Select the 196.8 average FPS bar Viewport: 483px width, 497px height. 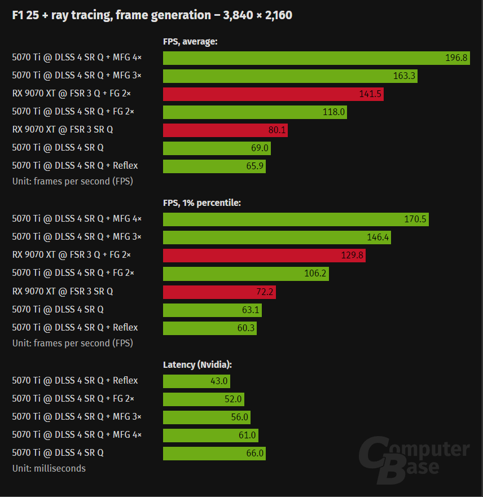316,58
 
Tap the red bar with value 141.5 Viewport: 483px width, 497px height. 273,94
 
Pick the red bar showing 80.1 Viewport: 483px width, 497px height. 226,130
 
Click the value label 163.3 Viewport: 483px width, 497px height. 404,76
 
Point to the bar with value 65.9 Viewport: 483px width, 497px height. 214,166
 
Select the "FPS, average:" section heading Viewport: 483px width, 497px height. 190,41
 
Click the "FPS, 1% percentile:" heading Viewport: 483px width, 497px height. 202,203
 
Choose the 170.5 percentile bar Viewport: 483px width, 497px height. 296,219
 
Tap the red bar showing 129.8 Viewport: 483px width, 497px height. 264,256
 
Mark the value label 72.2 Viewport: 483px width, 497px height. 264,292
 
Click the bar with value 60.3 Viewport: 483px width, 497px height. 210,328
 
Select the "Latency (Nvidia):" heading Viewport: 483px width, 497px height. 197,365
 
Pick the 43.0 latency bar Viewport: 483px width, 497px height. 196,381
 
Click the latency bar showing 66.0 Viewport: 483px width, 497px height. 214,453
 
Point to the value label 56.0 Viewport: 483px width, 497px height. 239,417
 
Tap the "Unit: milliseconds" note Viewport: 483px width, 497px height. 49,468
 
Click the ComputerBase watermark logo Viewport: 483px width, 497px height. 414,458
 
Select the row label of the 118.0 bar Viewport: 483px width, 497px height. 73,112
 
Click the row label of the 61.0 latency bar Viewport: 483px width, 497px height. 77,434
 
